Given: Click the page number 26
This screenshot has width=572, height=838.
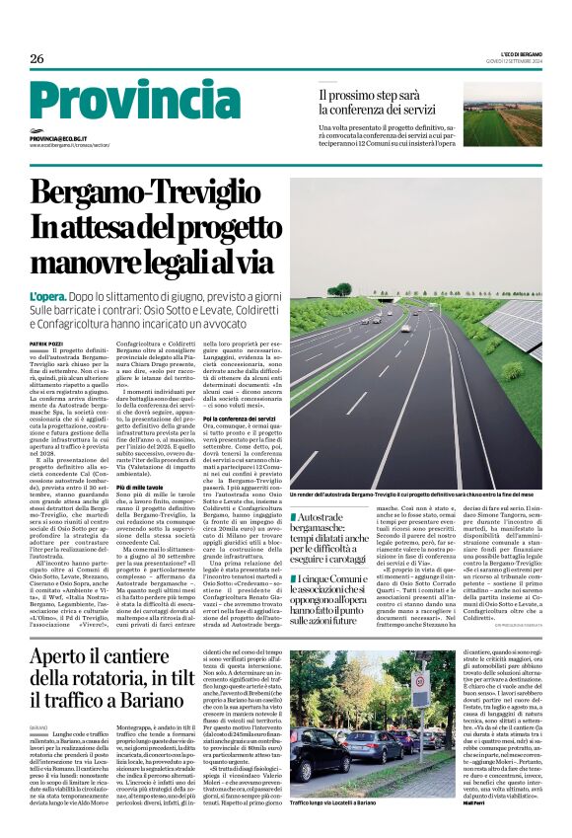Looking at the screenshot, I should [x=36, y=59].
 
